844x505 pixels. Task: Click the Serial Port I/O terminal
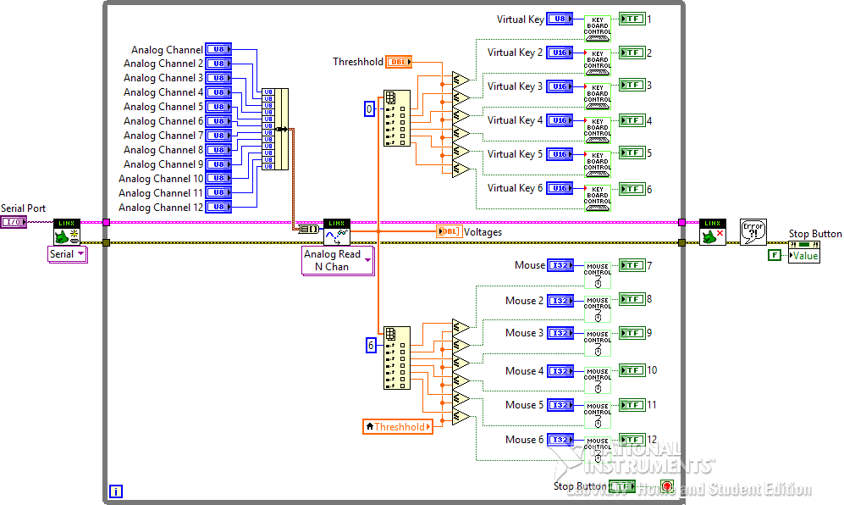[x=14, y=222]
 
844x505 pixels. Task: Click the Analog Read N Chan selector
[x=338, y=261]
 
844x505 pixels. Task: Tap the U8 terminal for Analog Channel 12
[x=218, y=207]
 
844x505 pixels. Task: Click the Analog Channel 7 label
[x=163, y=136]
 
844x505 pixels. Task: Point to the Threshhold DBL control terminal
[x=399, y=62]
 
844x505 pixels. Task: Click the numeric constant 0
[x=369, y=108]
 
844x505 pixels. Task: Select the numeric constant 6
[x=370, y=345]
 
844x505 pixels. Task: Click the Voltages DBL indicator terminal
[x=449, y=232]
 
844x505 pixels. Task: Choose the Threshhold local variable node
[x=398, y=427]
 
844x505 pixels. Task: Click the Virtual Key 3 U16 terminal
[x=560, y=86]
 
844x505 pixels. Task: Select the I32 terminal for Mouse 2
[x=560, y=301]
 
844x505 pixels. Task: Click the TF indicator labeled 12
[x=632, y=440]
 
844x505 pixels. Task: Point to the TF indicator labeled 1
[x=632, y=19]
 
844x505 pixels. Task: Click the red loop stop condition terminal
[x=666, y=486]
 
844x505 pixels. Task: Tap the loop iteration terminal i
[x=116, y=491]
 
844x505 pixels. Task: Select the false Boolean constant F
[x=774, y=255]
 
